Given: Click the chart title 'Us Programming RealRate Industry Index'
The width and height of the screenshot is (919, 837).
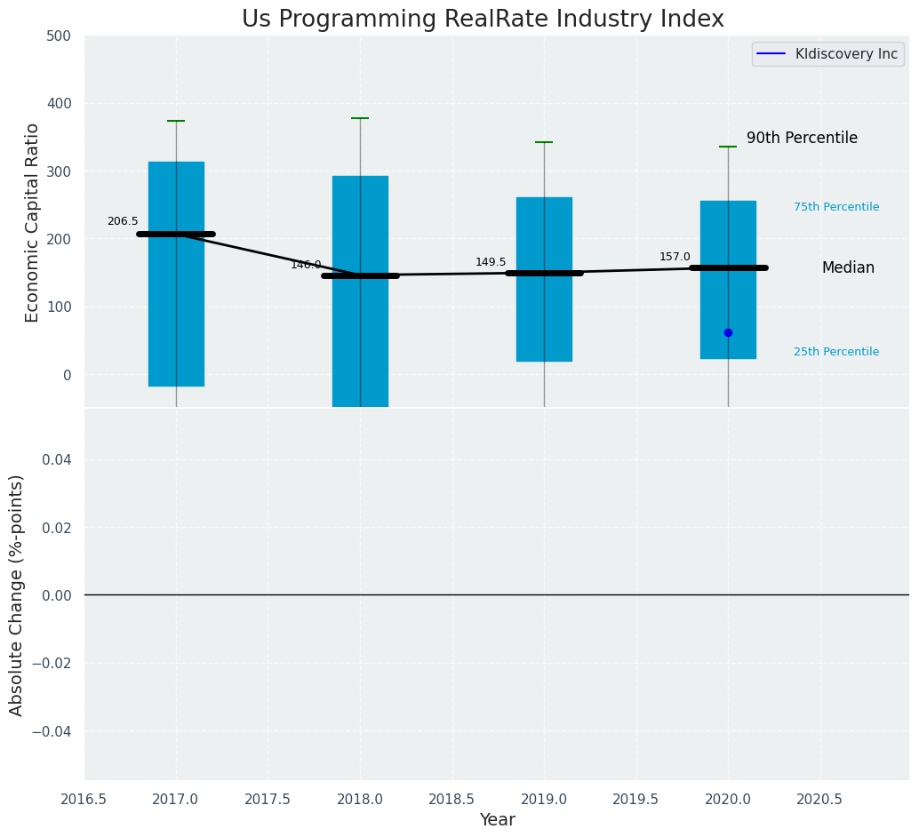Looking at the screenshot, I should click(x=483, y=20).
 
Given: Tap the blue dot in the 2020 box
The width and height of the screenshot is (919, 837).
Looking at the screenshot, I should click(x=728, y=332).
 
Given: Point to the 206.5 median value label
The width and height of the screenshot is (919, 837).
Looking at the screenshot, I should click(x=123, y=221).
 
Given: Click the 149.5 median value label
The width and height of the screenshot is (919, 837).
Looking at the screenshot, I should click(x=491, y=262).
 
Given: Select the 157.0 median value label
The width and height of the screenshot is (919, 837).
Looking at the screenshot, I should click(x=675, y=257).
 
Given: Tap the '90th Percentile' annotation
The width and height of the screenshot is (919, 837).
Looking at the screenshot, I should click(x=802, y=139).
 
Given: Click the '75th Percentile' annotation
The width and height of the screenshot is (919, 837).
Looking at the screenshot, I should click(x=836, y=207).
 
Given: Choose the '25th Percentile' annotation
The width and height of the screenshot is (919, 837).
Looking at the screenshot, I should click(x=836, y=352).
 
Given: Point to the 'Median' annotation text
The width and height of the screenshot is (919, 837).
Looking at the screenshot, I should click(x=848, y=267).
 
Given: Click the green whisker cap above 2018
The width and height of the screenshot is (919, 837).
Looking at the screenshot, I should click(x=360, y=118).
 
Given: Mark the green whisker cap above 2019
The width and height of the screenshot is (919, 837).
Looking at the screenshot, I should click(x=544, y=142).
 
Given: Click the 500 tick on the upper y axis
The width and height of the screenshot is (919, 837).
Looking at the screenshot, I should click(x=59, y=36).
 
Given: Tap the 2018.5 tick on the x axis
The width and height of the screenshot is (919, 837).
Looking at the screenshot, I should click(x=452, y=799).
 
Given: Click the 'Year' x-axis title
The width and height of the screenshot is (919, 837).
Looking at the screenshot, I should click(x=497, y=820).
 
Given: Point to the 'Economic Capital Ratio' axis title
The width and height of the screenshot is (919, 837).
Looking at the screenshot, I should click(x=33, y=222).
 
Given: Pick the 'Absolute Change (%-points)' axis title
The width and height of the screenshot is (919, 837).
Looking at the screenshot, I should click(x=17, y=594).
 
